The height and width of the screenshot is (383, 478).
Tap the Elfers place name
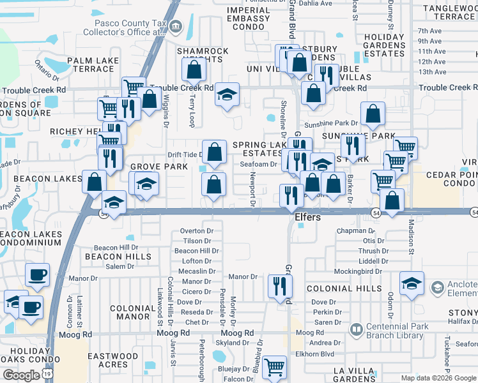tap(311, 217)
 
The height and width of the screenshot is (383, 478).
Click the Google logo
tap(21, 375)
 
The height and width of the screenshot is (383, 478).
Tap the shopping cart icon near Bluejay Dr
tap(274, 366)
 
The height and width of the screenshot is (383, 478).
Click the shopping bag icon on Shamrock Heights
tap(196, 68)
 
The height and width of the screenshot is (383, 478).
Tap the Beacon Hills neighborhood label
tap(106, 256)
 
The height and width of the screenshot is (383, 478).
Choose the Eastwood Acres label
tap(112, 360)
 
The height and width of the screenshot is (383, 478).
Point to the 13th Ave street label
tap(431, 71)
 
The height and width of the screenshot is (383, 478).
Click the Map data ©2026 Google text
tap(438, 378)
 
